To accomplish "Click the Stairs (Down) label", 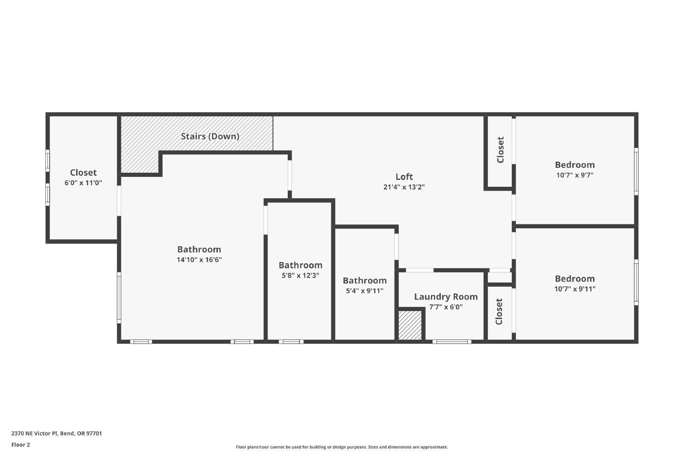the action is coord(210,136).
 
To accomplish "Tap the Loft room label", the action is coord(404,177).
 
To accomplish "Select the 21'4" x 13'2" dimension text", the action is coord(404,187).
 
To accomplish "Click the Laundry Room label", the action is coord(446,297).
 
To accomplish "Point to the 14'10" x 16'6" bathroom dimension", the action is coord(199,260).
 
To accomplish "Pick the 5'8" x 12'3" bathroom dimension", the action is coord(300,275).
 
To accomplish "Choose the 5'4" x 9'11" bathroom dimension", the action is coord(364,291).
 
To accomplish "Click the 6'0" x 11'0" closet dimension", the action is coord(83,183).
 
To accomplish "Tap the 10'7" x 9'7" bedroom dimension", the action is coord(575,175).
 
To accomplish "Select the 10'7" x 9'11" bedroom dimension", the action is coord(575,289).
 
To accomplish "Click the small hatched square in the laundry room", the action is coord(410,325).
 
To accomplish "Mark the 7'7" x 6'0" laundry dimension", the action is coord(446,307).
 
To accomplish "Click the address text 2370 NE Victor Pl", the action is coord(35,433).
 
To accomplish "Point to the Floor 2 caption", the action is coord(21,445).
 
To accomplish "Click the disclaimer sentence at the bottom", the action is coord(342,447).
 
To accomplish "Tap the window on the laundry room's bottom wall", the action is coord(451,341).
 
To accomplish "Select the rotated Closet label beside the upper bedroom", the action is coord(500,150).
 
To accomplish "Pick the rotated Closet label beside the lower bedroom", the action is coord(498,312).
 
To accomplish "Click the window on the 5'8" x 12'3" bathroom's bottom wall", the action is coord(291,341).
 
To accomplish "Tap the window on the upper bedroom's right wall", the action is coord(636,171).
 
